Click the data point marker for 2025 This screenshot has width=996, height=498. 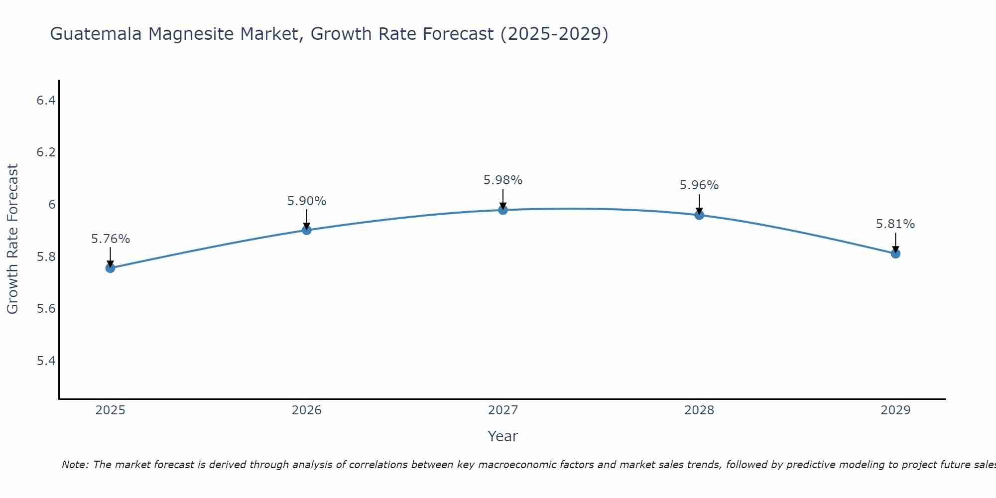110,268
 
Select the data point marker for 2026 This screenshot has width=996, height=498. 307,230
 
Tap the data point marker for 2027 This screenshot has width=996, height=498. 503,210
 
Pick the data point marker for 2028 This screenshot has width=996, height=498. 699,215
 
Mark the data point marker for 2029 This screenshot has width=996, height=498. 895,253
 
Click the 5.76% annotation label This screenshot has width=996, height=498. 111,239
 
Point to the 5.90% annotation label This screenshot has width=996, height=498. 307,201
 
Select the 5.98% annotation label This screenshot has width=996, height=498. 503,180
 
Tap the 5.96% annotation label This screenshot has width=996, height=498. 699,185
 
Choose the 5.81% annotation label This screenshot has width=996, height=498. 895,224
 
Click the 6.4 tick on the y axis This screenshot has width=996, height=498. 46,101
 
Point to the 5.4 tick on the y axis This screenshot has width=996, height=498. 46,361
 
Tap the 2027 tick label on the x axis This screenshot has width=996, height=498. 503,410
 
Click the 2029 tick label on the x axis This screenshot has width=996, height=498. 895,410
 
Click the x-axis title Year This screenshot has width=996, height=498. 503,436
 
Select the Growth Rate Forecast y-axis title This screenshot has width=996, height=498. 12,239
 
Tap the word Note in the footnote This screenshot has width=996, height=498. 75,465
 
